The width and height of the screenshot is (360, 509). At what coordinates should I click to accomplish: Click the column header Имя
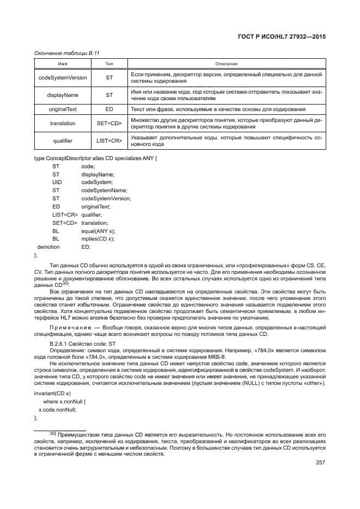(63, 64)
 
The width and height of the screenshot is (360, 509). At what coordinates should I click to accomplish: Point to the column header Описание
(227, 64)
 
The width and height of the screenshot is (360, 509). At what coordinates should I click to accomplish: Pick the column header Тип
(109, 64)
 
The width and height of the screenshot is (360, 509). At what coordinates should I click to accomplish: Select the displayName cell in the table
(63, 95)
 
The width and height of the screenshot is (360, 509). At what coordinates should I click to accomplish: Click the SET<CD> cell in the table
(109, 124)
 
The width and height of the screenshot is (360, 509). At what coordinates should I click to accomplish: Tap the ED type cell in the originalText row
(109, 109)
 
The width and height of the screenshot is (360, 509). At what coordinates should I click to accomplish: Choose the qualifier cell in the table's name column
(63, 140)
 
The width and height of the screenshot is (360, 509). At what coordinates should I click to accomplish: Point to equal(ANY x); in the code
(95, 231)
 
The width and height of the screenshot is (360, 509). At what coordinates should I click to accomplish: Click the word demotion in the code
(48, 247)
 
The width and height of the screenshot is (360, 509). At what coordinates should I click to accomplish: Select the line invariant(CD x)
(52, 393)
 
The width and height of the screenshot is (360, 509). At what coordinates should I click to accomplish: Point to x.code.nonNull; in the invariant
(57, 409)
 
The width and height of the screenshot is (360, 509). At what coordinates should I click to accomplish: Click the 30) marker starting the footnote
(53, 433)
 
